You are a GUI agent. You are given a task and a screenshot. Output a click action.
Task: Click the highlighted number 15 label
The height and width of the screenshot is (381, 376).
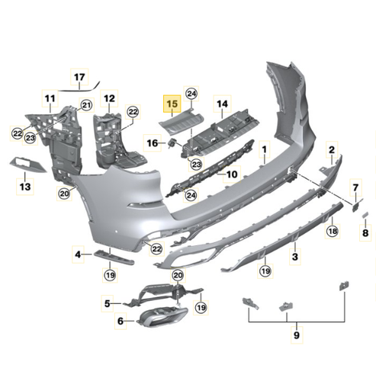coord(172,103)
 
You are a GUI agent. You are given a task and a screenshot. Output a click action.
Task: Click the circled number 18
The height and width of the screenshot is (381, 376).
coord(332,230)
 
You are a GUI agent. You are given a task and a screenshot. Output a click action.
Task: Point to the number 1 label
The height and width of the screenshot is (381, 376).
coord(265,149)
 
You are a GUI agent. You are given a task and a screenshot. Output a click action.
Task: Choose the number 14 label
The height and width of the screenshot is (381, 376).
coord(222,103)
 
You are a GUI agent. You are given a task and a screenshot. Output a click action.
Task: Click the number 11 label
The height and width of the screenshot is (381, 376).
coord(50,98)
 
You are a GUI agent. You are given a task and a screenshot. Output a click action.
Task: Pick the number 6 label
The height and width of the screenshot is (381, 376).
coord(120,322)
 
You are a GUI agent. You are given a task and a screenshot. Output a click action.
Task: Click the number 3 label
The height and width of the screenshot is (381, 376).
coord(295,258)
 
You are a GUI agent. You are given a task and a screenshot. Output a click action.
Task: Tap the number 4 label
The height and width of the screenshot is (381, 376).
coord(78,253)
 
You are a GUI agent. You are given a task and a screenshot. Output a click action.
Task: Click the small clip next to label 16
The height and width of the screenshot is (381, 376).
coord(173,143)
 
